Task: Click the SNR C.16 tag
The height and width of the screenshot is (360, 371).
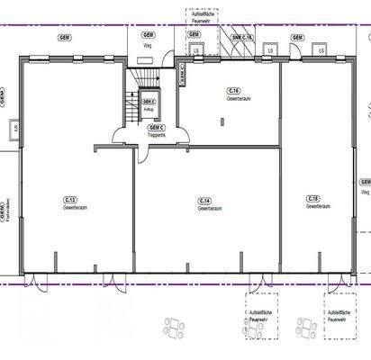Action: [x=242, y=37]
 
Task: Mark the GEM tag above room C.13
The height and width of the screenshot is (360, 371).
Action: [x=65, y=37]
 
